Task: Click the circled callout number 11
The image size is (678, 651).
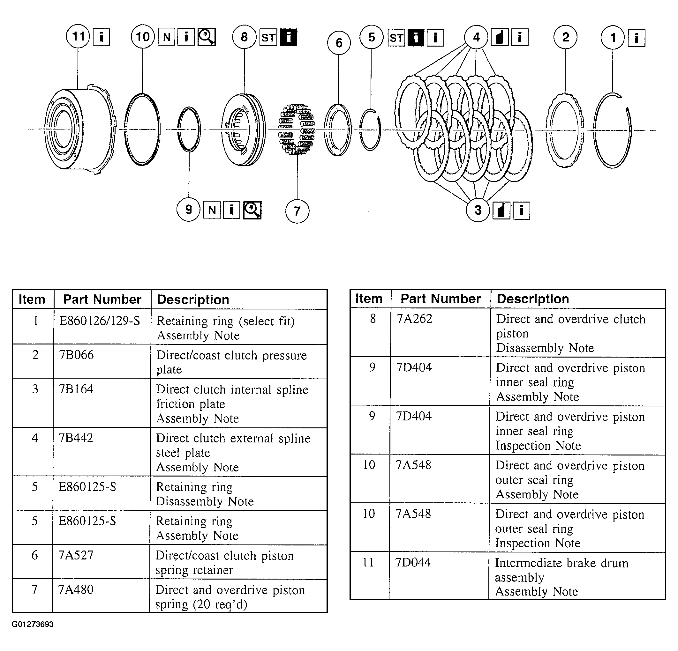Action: click(78, 36)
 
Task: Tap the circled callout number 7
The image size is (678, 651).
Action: click(297, 211)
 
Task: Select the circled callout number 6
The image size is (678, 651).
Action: click(339, 43)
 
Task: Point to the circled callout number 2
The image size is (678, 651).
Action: click(565, 37)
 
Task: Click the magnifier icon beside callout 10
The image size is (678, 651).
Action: click(207, 37)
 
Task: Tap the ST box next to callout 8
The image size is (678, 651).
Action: click(268, 37)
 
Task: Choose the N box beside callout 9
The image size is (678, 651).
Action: click(212, 210)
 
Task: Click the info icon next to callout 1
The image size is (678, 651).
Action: click(637, 37)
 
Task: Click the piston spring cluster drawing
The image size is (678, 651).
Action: click(297, 129)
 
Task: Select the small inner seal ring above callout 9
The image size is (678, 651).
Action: click(189, 129)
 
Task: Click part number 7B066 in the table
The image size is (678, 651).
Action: click(76, 355)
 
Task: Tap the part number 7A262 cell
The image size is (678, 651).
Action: click(414, 319)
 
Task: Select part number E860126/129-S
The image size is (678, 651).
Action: click(100, 321)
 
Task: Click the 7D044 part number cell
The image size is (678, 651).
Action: click(413, 563)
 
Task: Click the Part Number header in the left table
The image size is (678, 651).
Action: click(102, 300)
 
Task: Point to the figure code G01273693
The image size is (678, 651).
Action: click(33, 624)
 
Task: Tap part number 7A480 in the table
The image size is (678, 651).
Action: click(76, 590)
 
